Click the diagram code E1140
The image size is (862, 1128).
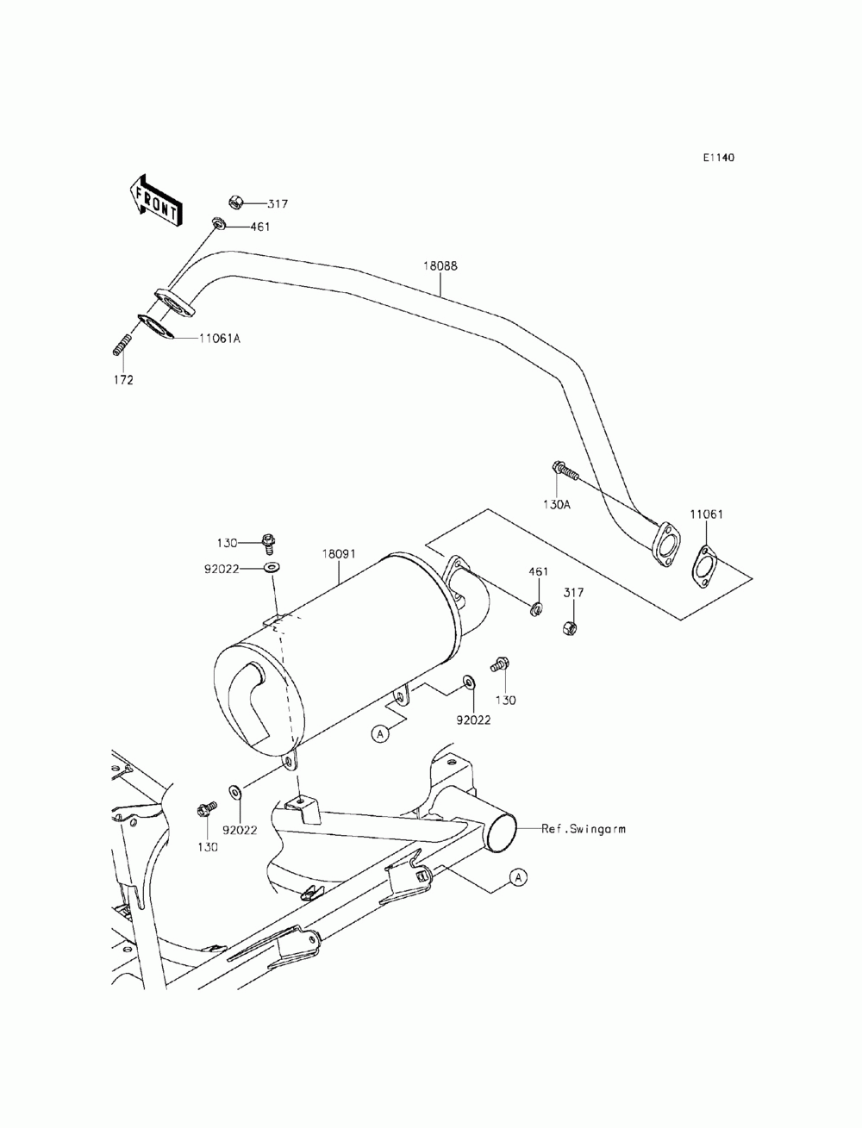718,158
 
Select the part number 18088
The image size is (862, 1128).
440,266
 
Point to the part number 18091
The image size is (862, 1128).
339,555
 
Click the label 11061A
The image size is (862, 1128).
219,339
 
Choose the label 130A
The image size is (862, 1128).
556,504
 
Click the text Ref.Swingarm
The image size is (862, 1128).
584,829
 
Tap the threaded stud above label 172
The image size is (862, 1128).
122,345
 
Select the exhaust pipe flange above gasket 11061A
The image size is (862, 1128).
175,303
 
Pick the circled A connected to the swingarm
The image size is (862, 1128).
517,876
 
